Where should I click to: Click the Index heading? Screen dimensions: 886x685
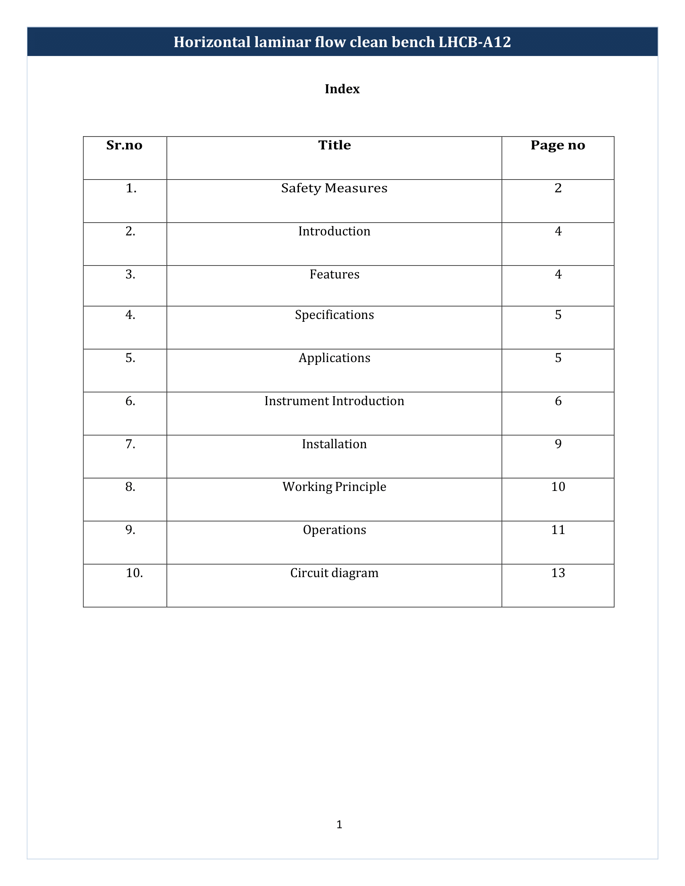click(342, 89)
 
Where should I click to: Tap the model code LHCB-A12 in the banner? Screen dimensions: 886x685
click(474, 42)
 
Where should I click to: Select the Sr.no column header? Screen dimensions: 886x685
click(124, 145)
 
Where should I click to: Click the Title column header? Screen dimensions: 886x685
click(334, 145)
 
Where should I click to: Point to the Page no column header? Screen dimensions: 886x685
click(558, 145)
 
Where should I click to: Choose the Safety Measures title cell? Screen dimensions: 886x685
click(334, 188)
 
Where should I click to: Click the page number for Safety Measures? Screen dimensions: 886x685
click(558, 188)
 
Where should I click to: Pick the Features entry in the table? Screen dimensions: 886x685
click(334, 275)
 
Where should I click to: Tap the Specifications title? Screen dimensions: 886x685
click(334, 315)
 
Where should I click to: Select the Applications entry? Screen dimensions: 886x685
click(334, 358)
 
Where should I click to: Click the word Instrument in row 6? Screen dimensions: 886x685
click(297, 401)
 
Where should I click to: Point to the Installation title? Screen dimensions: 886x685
click(334, 444)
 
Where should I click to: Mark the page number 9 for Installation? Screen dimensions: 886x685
click(558, 444)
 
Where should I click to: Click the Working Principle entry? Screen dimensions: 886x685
click(334, 487)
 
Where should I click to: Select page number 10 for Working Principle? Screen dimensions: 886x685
click(558, 487)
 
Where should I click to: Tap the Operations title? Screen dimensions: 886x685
click(334, 530)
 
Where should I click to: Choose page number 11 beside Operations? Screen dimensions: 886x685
click(558, 530)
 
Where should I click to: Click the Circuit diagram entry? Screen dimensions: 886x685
click(334, 573)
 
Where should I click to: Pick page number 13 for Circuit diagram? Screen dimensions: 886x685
click(558, 573)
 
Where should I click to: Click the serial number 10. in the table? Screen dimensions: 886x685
click(134, 573)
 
